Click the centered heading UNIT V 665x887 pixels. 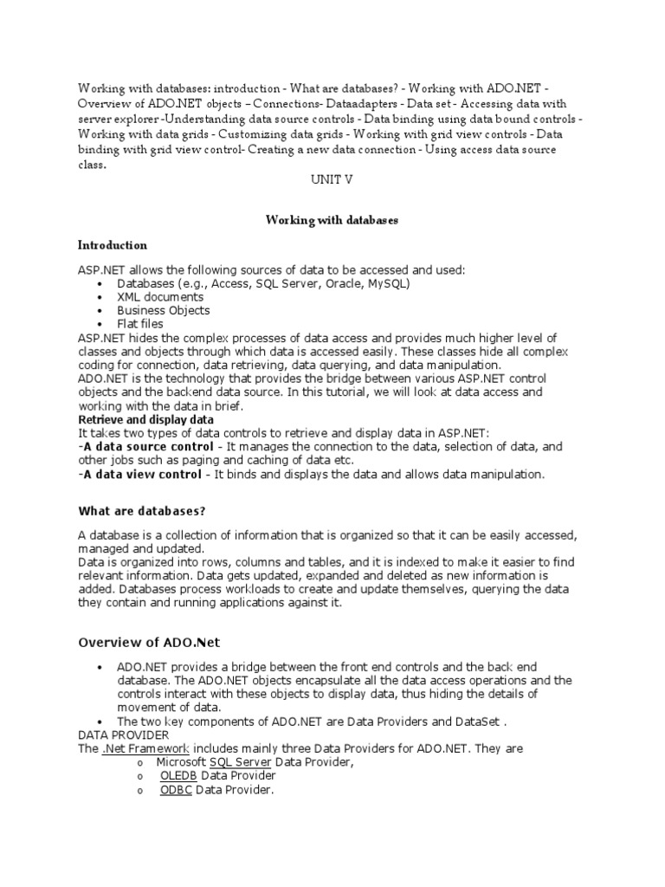(x=332, y=180)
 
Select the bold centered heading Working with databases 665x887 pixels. (x=332, y=221)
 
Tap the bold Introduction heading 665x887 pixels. (x=113, y=245)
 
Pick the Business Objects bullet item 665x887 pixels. (x=164, y=310)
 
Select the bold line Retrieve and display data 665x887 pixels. (x=146, y=419)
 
